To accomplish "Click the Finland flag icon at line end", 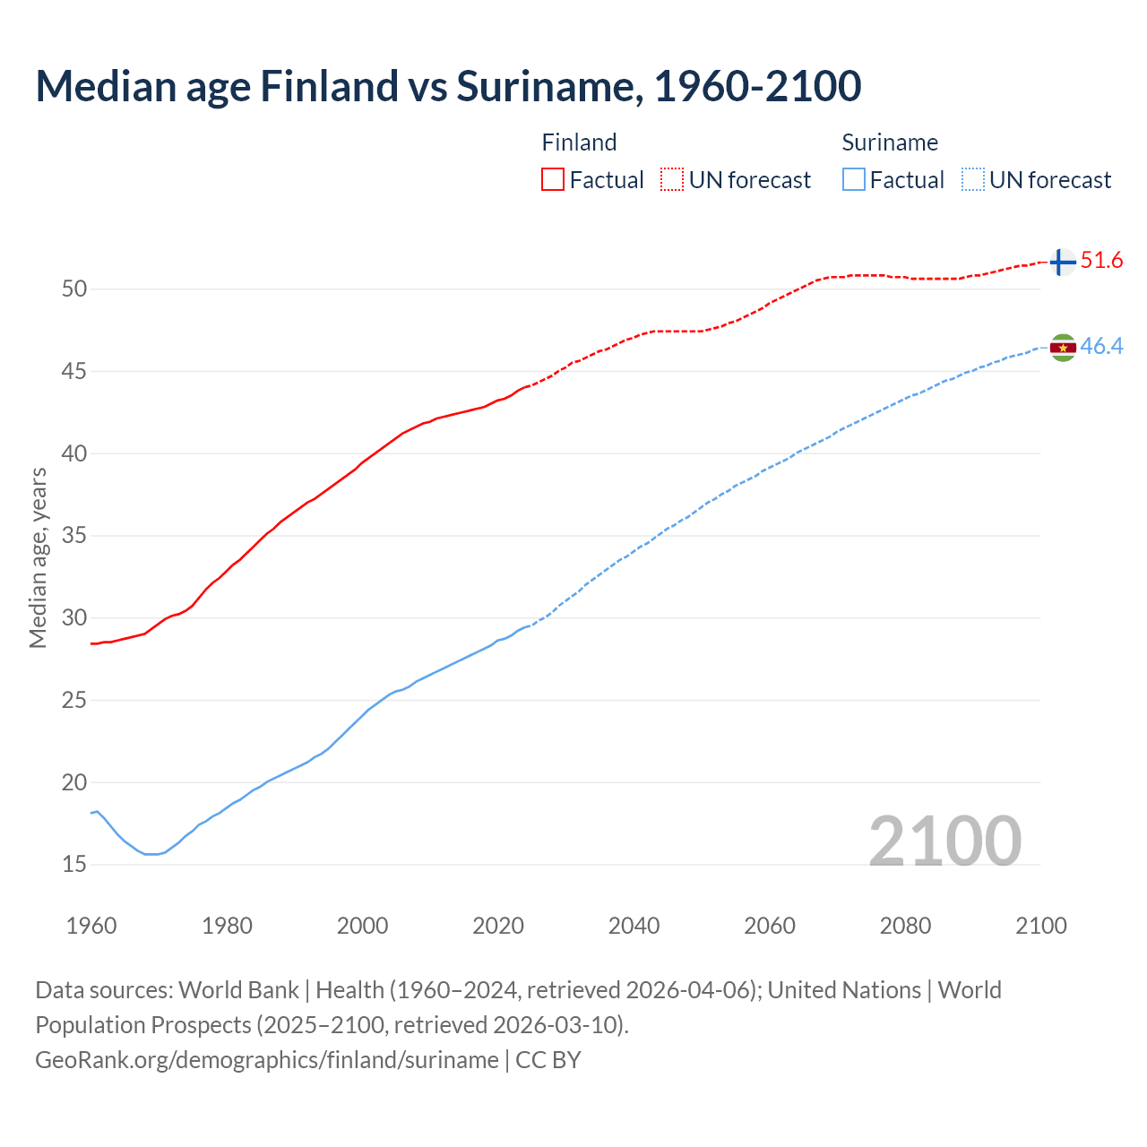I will pos(1062,262).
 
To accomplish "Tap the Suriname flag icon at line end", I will pos(1063,347).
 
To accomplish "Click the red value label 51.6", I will pos(1101,261).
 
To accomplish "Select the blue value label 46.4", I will pos(1101,347).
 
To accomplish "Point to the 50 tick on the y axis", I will pos(74,289).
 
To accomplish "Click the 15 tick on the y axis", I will pos(74,865).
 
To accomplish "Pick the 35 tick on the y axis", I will pos(74,536).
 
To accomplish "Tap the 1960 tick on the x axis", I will pos(91,926).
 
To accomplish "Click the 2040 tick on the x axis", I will pos(634,926).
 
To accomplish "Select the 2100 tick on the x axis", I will pos(1040,926).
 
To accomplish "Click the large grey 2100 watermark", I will pos(944,841).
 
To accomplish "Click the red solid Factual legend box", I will pos(553,180).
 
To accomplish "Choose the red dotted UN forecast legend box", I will pos(672,180).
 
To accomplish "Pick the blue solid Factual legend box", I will pos(854,180).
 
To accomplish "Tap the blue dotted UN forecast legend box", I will pos(972,180).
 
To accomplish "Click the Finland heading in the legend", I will pos(579,142).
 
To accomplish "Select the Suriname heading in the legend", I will pos(890,142).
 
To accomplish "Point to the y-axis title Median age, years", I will pos(38,557).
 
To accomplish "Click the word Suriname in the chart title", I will pos(548,86).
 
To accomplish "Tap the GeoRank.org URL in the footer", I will pos(267,1060).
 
